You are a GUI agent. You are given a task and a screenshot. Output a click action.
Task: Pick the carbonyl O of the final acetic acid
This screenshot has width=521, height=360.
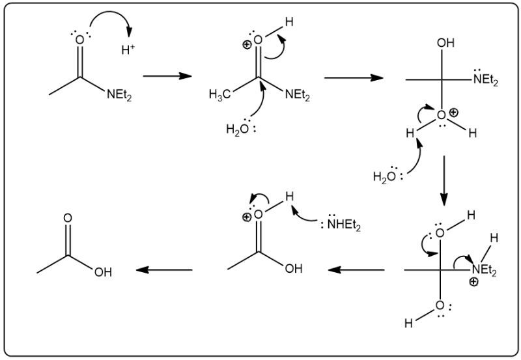[x=68, y=217]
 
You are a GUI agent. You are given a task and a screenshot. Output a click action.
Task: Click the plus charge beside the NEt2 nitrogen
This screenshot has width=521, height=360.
[x=473, y=282]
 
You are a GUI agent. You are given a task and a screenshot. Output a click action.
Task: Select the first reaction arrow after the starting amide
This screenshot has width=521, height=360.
[x=167, y=76]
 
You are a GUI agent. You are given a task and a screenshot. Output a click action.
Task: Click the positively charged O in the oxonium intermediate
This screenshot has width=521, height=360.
[x=442, y=115]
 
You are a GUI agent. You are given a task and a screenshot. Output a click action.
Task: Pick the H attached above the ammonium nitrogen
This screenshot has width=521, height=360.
[x=494, y=238]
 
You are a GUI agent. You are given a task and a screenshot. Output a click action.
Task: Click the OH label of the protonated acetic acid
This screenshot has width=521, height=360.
[x=293, y=269]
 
